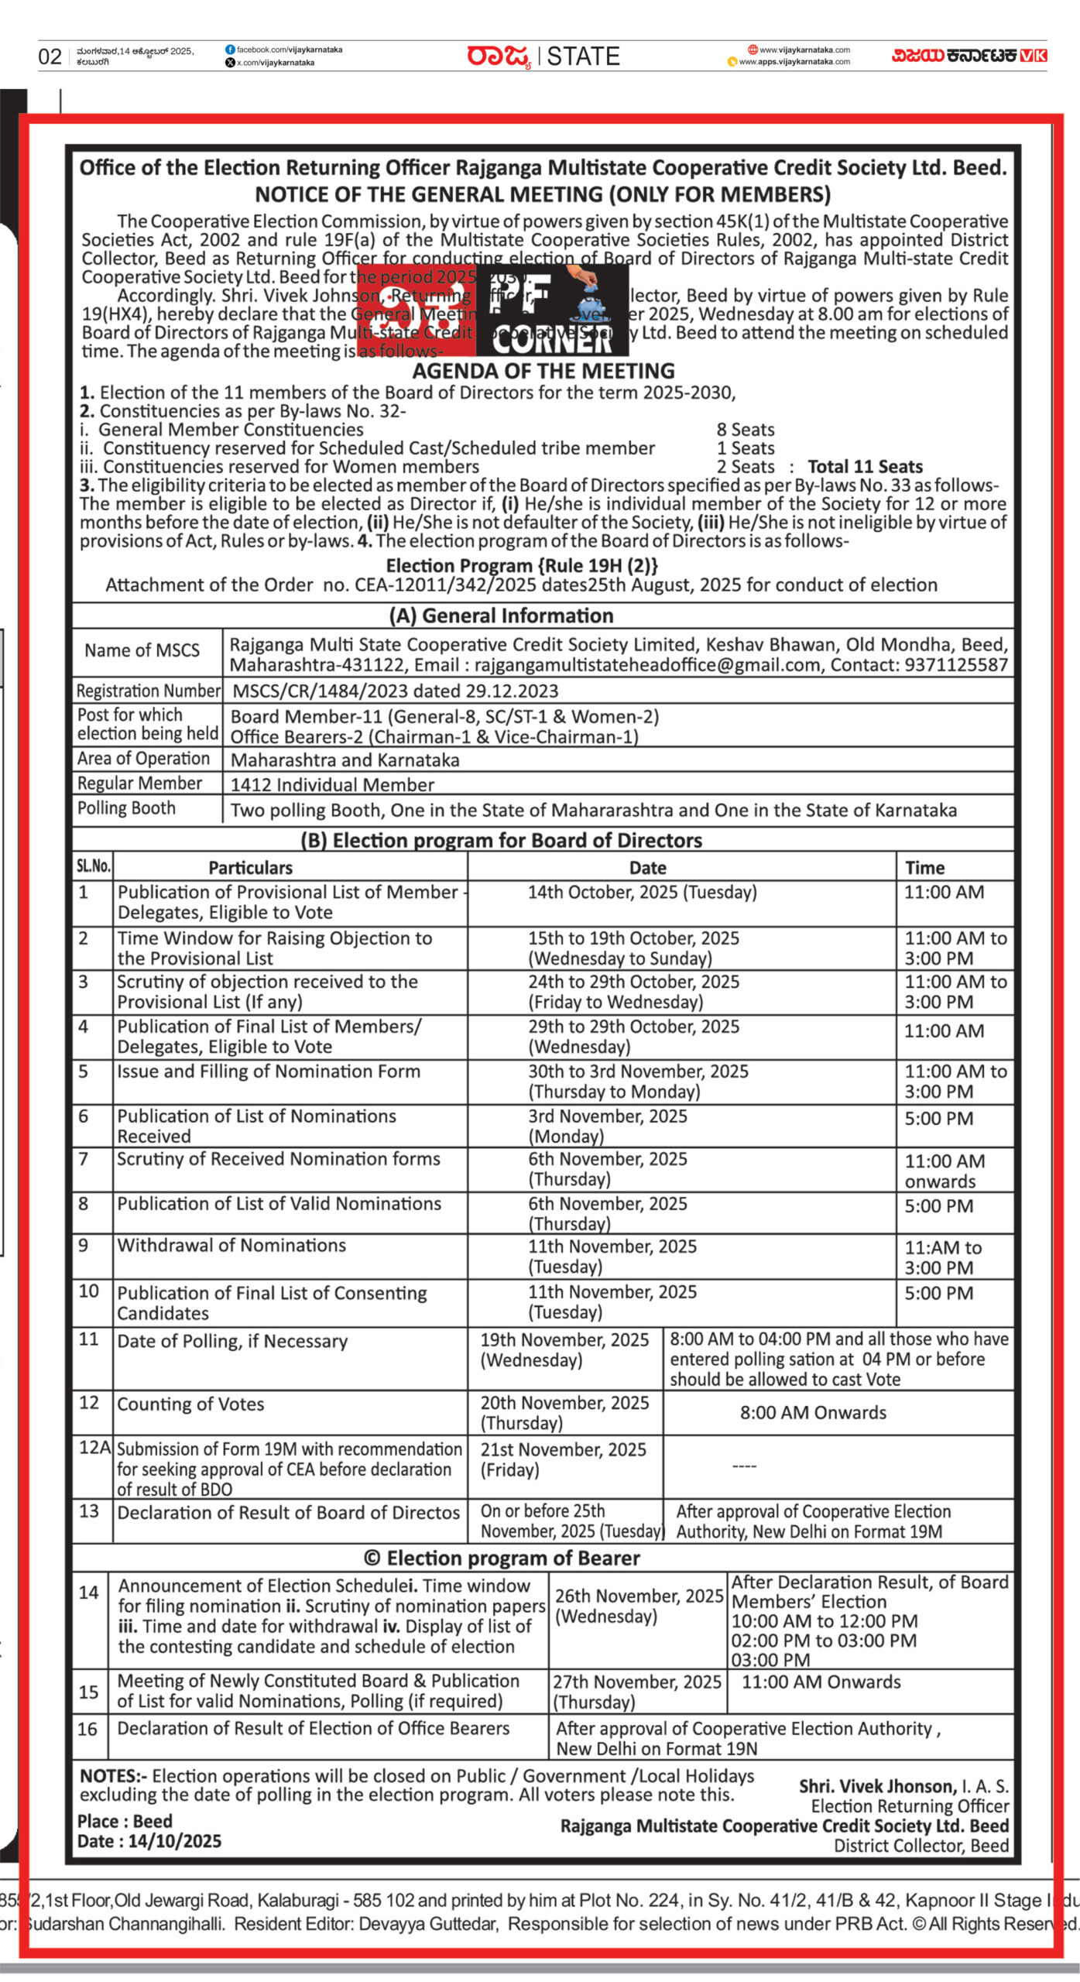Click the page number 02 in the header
50,57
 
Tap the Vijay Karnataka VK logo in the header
969,55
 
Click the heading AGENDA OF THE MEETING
543,371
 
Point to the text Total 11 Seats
865,467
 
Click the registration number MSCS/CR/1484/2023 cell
395,691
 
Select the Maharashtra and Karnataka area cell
345,760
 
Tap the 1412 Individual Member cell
332,785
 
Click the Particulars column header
250,868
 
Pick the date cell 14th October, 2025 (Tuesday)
642,893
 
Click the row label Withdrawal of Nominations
231,1246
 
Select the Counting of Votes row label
190,1404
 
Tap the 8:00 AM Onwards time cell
813,1413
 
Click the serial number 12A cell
94,1448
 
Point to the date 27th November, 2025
636,1682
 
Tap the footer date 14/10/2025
174,1841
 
